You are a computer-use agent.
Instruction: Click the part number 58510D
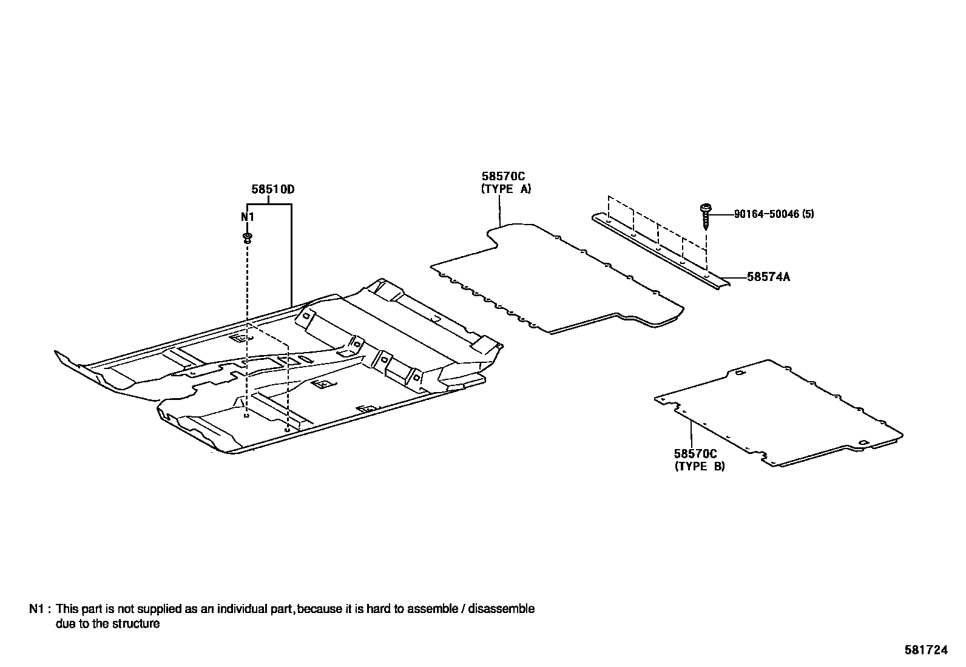(272, 189)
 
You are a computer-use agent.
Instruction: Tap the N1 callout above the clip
(247, 217)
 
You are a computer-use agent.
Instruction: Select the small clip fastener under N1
(248, 238)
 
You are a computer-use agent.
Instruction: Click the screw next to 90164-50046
(706, 217)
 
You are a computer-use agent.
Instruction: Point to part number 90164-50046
(767, 214)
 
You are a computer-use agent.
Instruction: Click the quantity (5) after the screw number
(808, 214)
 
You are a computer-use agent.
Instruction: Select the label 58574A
(768, 277)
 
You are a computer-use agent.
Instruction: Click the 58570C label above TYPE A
(503, 176)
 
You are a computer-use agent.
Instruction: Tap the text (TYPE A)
(506, 189)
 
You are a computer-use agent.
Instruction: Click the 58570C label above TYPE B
(695, 453)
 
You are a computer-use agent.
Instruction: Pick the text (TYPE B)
(700, 466)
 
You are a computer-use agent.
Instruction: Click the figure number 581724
(926, 650)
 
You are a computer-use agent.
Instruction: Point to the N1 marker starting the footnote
(36, 609)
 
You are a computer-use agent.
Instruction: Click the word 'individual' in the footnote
(242, 609)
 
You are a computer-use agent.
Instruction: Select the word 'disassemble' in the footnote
(501, 609)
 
